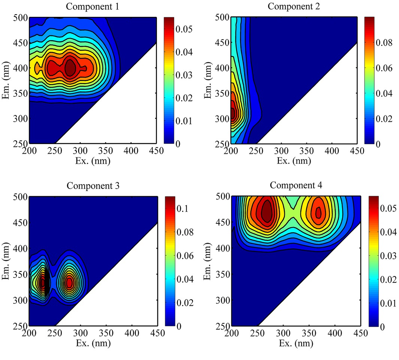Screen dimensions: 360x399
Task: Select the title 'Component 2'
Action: [x=294, y=6]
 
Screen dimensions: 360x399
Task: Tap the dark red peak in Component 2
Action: [x=233, y=113]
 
